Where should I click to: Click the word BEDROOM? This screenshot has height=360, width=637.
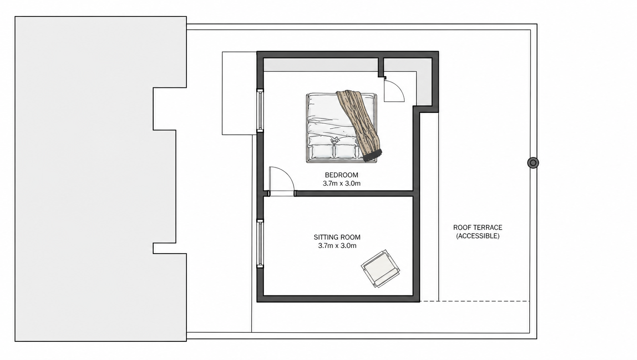341,175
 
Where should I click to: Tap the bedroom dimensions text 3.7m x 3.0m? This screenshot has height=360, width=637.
341,183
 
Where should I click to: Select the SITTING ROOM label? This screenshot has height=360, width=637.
337,237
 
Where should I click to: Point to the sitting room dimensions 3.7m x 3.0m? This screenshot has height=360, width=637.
337,246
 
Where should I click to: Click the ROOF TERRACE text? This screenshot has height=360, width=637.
478,228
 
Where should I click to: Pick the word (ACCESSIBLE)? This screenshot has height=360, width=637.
478,236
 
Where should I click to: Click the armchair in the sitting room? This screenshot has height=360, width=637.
380,268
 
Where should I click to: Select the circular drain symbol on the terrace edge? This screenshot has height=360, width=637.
533,163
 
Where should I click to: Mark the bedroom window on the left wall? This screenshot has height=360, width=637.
260,110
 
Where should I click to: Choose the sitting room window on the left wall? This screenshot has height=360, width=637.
260,244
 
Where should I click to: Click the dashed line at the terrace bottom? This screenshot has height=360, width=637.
475,301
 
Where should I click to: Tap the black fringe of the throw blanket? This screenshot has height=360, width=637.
373,155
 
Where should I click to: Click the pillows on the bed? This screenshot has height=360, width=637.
335,151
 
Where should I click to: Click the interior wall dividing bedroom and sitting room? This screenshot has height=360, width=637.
354,194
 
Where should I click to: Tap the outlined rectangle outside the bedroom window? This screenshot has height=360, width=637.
239,93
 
